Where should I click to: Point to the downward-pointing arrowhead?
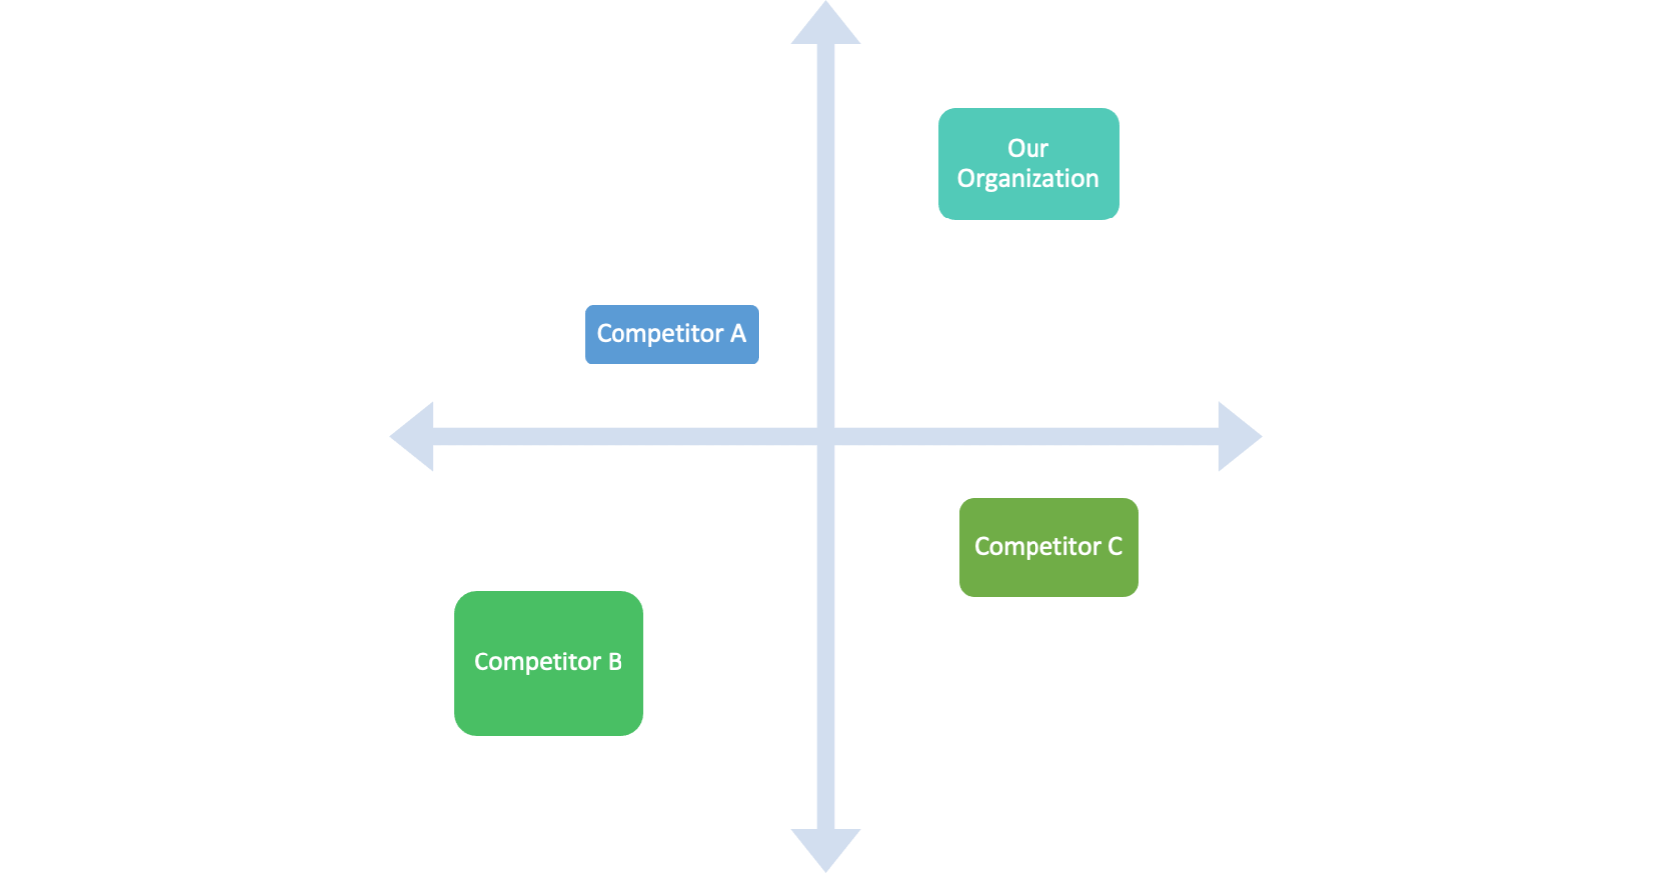point(826,848)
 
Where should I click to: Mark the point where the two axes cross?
point(826,436)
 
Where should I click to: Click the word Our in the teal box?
point(1028,148)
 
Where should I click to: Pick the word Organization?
point(1028,179)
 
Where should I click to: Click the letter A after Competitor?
point(738,333)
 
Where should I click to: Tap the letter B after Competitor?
point(615,661)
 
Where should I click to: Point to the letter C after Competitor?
point(1115,546)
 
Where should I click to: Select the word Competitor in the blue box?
point(659,334)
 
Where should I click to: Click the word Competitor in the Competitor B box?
point(537,662)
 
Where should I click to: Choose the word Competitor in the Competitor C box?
point(1037,547)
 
